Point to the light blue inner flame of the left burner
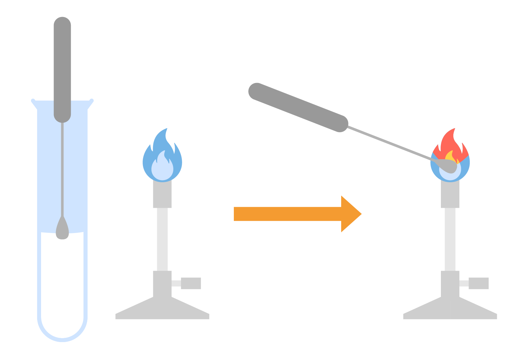pos(162,169)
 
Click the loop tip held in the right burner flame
pos(449,166)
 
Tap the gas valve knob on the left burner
pos(191,283)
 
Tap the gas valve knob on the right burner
pos(478,283)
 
